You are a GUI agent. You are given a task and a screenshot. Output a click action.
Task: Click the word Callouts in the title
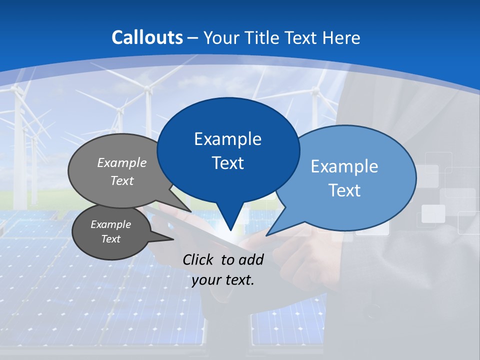147,37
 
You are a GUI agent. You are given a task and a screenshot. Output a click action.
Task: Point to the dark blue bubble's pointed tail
229,220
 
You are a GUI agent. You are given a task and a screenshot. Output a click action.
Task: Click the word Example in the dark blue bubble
227,139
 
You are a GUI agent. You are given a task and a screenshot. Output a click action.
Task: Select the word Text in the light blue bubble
344,190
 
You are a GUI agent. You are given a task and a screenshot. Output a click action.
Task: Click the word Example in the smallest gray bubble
110,224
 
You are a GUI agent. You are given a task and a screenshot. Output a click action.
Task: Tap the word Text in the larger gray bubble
122,181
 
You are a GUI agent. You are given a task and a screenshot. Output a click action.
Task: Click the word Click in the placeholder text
198,259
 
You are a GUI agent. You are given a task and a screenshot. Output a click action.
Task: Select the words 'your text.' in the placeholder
222,280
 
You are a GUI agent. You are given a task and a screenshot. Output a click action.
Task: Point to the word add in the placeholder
251,259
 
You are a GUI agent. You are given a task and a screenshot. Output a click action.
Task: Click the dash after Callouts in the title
193,37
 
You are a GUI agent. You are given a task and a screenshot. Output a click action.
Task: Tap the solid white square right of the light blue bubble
433,213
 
